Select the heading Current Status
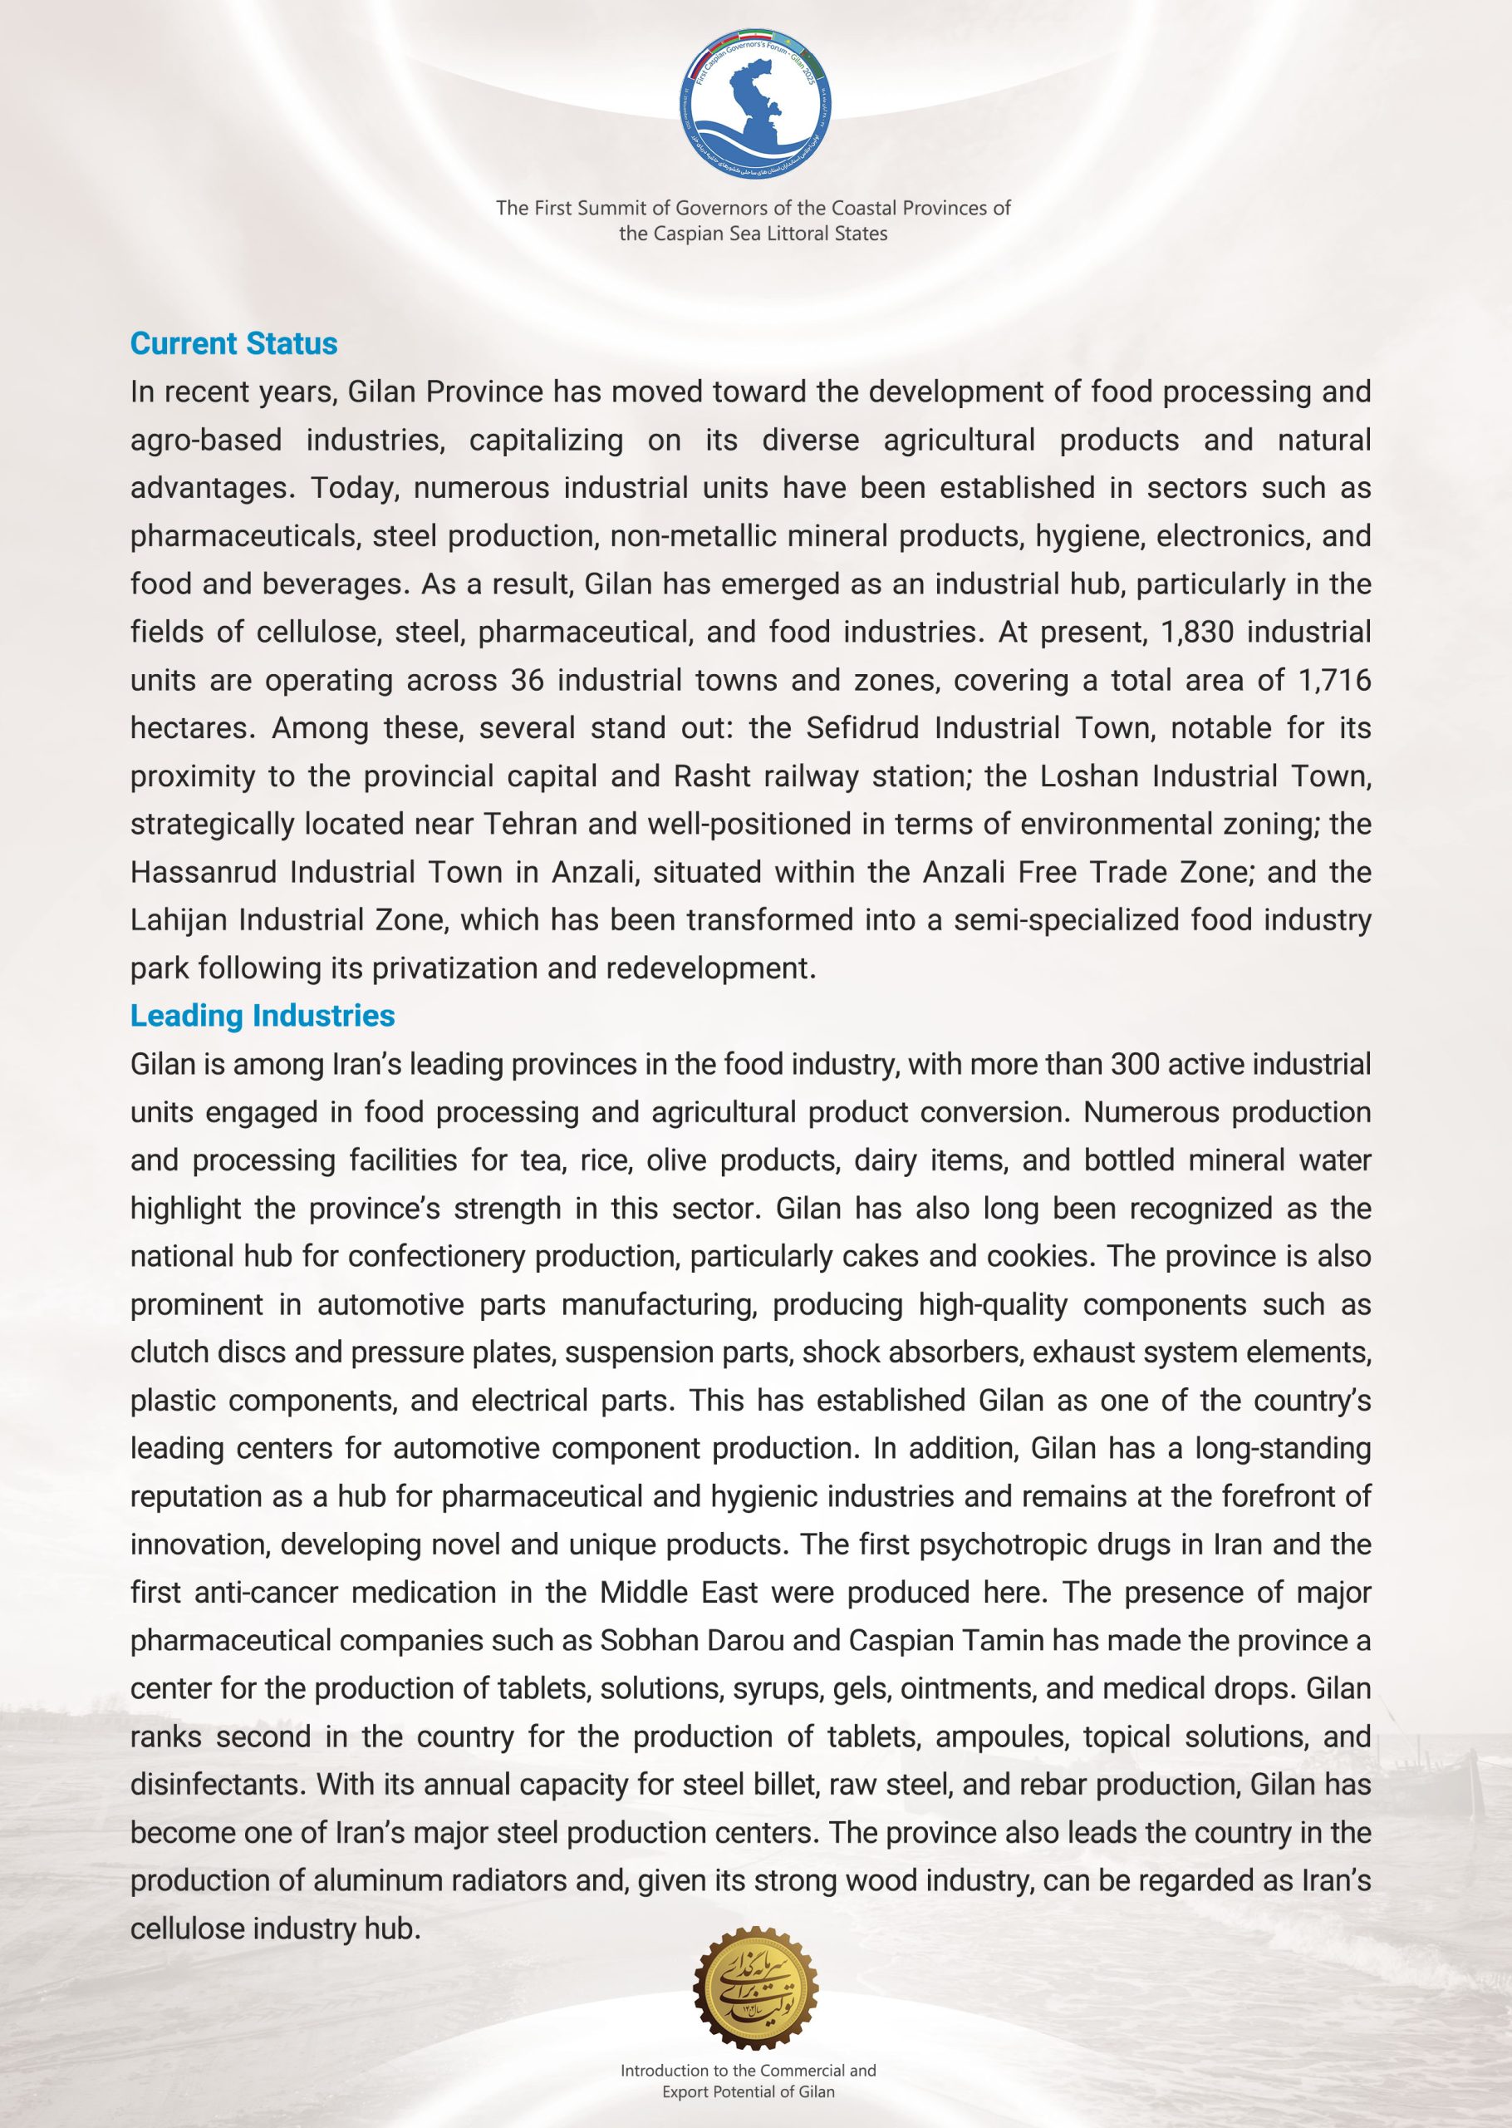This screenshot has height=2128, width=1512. pyautogui.click(x=233, y=343)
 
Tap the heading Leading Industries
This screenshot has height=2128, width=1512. pyautogui.click(x=263, y=1015)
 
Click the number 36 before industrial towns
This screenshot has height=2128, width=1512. pyautogui.click(x=527, y=681)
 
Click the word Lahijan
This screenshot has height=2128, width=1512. pyautogui.click(x=179, y=920)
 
